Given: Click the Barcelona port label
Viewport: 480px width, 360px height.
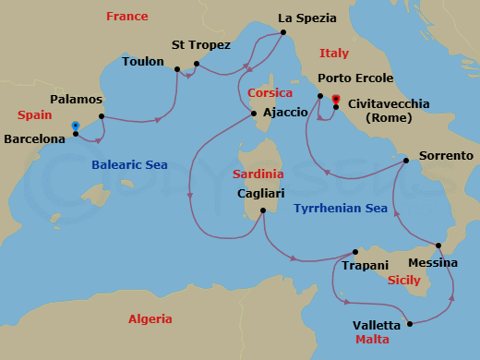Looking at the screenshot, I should (35, 139).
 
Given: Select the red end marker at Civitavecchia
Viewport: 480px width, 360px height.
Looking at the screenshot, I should (335, 99).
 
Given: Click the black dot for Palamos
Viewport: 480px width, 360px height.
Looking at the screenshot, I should (100, 116).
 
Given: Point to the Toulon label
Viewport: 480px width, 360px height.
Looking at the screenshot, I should (143, 62).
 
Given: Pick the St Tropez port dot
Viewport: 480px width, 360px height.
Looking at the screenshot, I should (197, 65).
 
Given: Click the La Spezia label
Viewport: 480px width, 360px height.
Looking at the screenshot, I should (306, 18).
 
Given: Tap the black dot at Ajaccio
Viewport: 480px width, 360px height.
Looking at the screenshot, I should (254, 114).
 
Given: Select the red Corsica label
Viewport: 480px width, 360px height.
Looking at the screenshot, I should (270, 93).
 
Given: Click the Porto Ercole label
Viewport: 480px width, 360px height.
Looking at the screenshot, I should (355, 78).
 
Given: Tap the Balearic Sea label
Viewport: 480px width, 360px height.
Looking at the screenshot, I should (129, 165).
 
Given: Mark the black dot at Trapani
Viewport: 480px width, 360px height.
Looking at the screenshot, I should (355, 251).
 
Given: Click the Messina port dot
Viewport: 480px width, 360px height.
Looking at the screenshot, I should (438, 245).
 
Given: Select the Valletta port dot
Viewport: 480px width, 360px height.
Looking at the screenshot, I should (408, 323).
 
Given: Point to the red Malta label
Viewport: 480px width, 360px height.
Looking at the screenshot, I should (372, 340).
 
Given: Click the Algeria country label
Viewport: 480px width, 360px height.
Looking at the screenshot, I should (150, 318).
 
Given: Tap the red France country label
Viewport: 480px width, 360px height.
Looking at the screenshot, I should (127, 17).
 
